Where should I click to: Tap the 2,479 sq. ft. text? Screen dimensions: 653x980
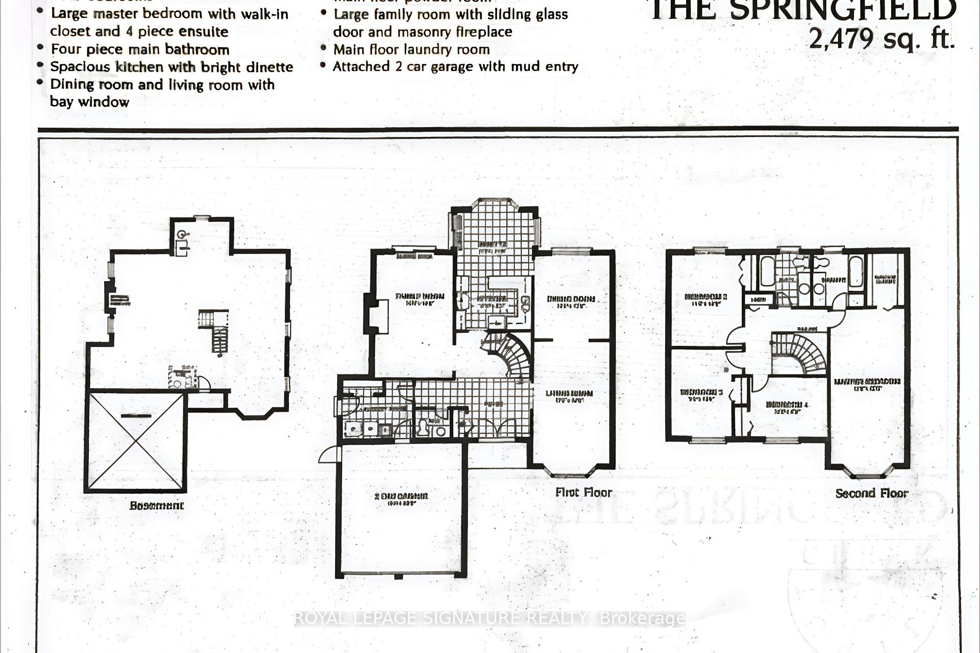coord(881,39)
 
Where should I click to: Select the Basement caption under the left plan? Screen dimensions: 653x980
coord(157,506)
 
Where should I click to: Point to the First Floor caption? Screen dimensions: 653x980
coord(583,492)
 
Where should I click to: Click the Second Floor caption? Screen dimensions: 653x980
coord(872,493)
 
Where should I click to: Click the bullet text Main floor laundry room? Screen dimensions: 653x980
coord(411,49)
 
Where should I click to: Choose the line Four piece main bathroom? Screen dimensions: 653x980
coord(140,49)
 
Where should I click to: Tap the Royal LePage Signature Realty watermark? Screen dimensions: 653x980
coord(489,618)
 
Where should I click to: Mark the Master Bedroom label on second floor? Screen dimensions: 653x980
coord(867,383)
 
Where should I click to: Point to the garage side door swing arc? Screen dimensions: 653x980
coord(329,455)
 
